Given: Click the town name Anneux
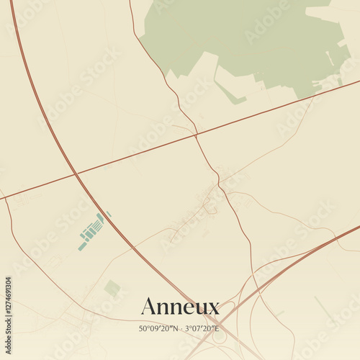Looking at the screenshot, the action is (180, 307).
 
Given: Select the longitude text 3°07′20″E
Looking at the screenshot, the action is (202, 329).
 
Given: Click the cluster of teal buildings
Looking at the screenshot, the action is (91, 230).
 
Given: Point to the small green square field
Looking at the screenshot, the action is (112, 289).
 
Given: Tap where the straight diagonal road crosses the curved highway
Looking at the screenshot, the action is (76, 174).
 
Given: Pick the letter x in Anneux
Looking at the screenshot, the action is (213, 309).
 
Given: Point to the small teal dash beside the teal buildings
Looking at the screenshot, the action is (108, 213).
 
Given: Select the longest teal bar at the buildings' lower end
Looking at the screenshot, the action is (82, 246).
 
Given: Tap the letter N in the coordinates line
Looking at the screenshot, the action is (175, 329).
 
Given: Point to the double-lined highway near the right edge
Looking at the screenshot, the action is (338, 238).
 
